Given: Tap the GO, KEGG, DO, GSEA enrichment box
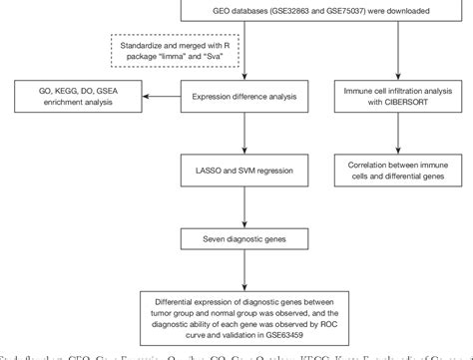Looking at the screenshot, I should click(x=72, y=97).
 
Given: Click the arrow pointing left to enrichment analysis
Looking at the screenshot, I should click(x=154, y=97).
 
